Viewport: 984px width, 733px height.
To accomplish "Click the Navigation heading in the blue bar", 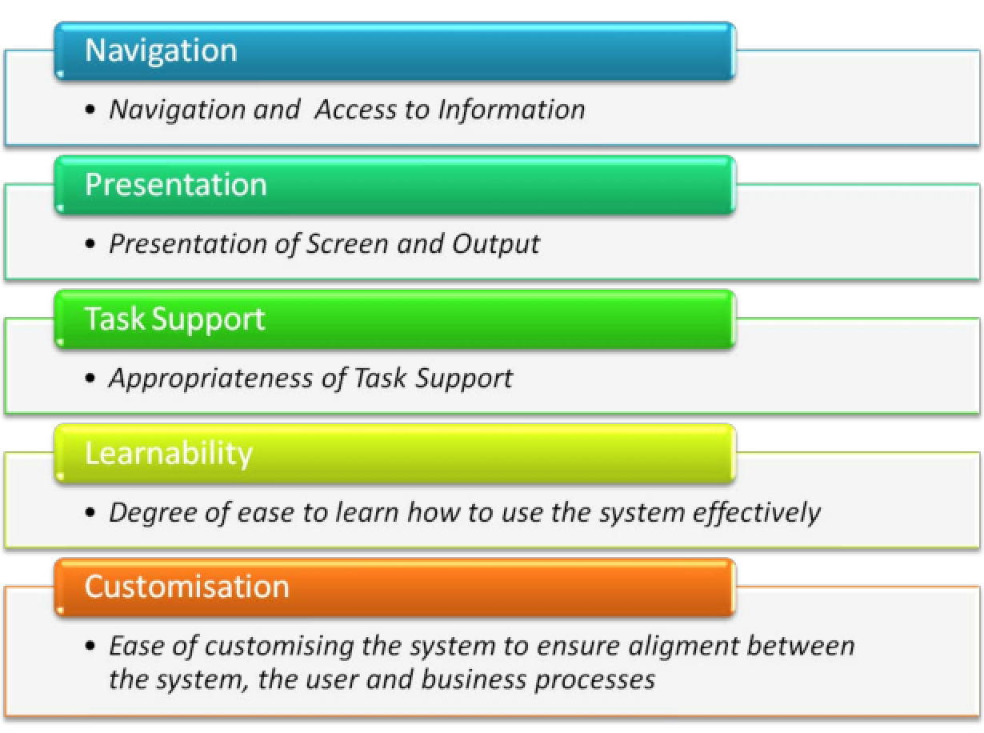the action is click(x=161, y=51).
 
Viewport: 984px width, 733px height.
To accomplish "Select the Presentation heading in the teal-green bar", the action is click(x=176, y=184).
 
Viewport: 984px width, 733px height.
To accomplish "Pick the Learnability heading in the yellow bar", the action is click(x=169, y=454).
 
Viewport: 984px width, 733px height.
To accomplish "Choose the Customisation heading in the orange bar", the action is click(x=186, y=587).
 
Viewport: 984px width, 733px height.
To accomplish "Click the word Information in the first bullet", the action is click(x=511, y=109).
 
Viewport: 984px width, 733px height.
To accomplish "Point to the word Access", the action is click(x=355, y=109).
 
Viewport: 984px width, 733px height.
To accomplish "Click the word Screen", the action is click(x=347, y=244).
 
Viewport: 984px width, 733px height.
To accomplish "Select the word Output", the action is click(x=495, y=245).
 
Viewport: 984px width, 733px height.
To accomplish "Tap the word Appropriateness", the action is click(x=210, y=379).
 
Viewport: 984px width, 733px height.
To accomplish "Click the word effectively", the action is click(x=757, y=514).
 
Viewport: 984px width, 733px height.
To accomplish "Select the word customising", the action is click(x=279, y=647).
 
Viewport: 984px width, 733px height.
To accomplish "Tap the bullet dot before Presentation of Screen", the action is click(x=90, y=244).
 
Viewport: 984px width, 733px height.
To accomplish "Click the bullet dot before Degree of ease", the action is click(x=90, y=513).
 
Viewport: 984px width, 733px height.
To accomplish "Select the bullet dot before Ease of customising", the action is click(x=90, y=646).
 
